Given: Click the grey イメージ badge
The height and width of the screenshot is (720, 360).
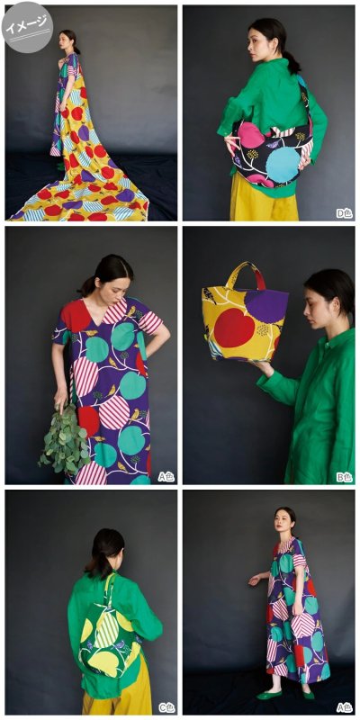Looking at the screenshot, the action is click(27, 27).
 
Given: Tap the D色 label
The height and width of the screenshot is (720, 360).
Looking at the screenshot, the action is click(345, 213).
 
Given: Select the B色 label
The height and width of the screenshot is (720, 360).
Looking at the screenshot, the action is click(345, 477).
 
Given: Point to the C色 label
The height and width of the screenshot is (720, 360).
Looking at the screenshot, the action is click(166, 707).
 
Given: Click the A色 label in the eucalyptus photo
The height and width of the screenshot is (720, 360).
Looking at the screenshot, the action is click(166, 477).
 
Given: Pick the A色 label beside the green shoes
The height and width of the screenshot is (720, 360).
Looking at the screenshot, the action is click(345, 707).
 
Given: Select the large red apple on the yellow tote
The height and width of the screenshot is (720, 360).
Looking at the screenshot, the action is click(234, 327).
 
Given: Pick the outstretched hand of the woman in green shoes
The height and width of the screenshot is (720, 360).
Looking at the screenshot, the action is click(254, 580).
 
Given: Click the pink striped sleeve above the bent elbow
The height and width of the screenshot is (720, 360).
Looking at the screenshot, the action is click(151, 322).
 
